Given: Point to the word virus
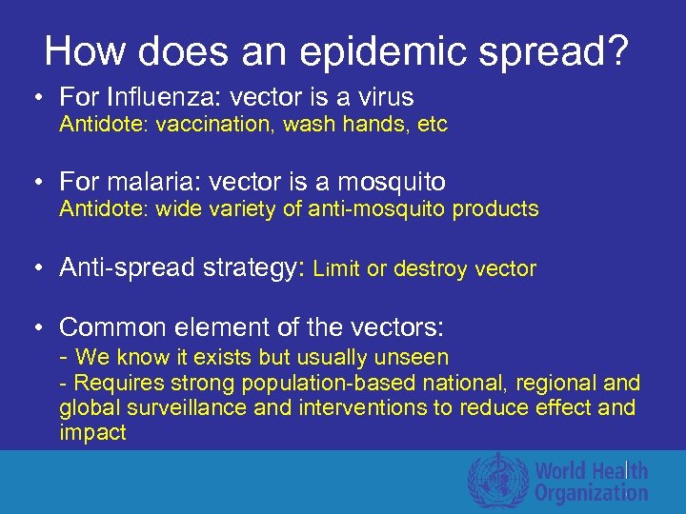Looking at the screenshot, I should point(380,97).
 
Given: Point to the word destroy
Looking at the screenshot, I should point(429,269).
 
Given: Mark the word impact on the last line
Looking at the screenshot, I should point(92,433).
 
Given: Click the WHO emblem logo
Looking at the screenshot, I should point(496,481).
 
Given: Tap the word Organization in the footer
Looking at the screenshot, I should point(591,493).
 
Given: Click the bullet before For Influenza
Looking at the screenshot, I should point(35,98).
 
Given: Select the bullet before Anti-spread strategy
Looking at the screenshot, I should point(35,269).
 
